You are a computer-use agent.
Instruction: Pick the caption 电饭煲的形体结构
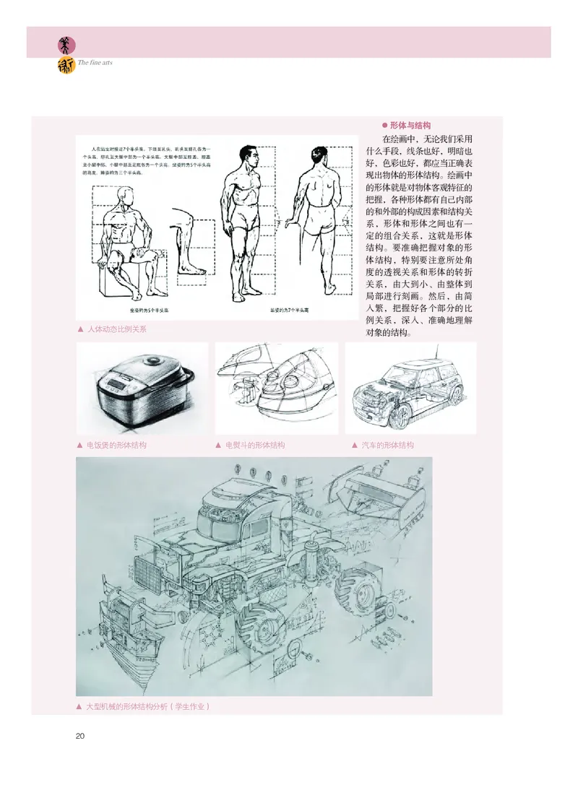coord(116,445)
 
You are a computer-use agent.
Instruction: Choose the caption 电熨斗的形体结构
coord(255,445)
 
